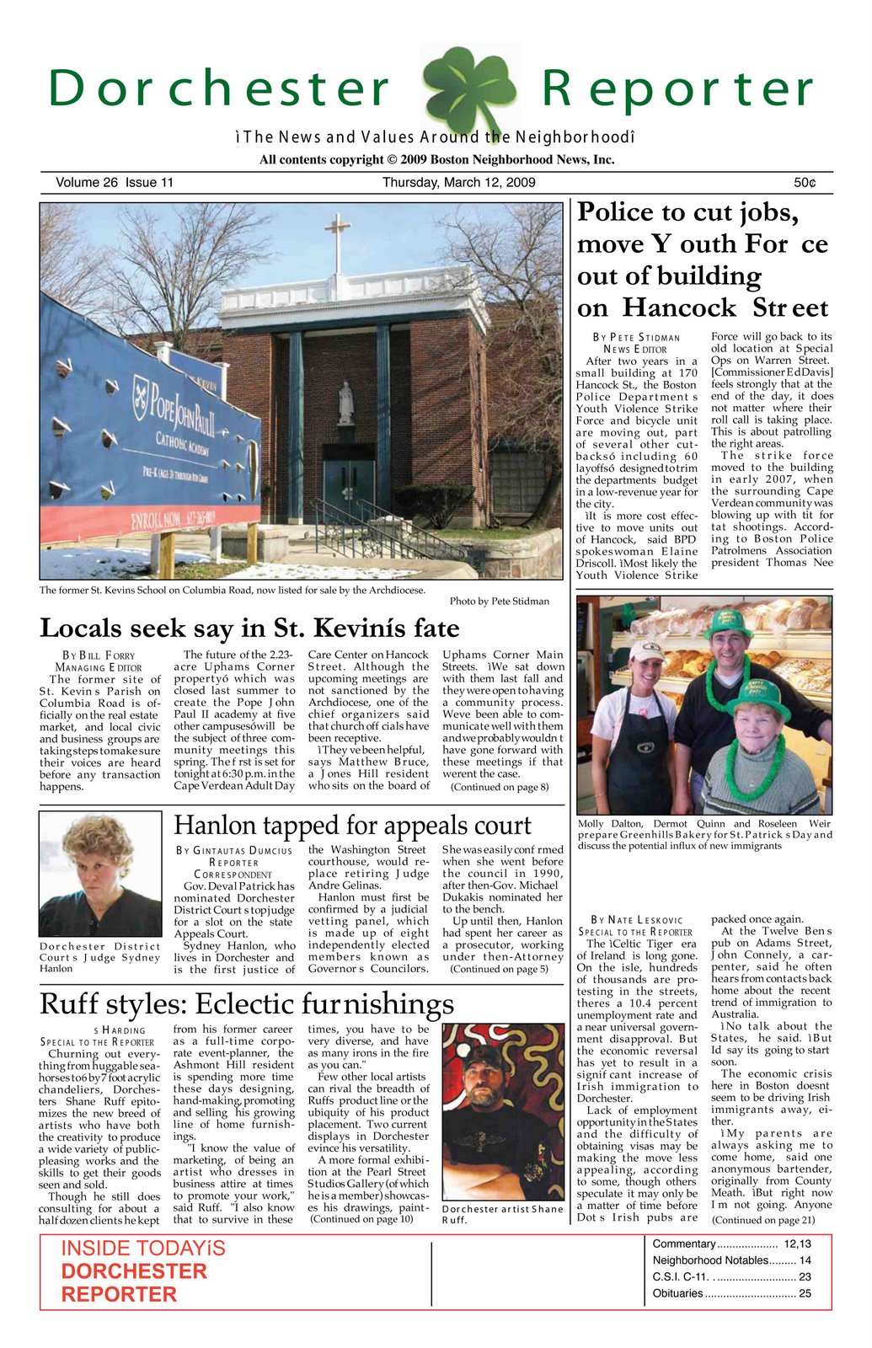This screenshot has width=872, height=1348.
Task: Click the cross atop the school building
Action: tap(338, 239)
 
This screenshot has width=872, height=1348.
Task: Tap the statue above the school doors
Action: tap(345, 403)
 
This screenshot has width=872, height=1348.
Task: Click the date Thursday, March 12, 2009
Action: tap(458, 183)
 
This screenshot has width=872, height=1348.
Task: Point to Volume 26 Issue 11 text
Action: tap(115, 183)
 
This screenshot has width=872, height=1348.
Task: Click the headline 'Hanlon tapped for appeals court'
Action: tap(352, 825)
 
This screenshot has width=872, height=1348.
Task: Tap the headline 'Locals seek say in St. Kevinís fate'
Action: tap(249, 629)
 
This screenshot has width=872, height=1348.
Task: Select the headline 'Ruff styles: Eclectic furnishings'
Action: tap(246, 1003)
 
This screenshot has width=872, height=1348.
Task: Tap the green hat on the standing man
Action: tap(728, 624)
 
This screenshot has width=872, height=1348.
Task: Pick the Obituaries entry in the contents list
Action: tap(731, 1293)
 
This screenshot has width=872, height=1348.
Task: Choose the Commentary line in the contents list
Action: tap(731, 1244)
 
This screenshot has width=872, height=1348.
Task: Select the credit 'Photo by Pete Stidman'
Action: tap(499, 602)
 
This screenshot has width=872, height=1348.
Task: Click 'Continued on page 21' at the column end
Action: tap(762, 1220)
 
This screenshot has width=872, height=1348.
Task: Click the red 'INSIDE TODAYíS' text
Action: tap(143, 1249)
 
